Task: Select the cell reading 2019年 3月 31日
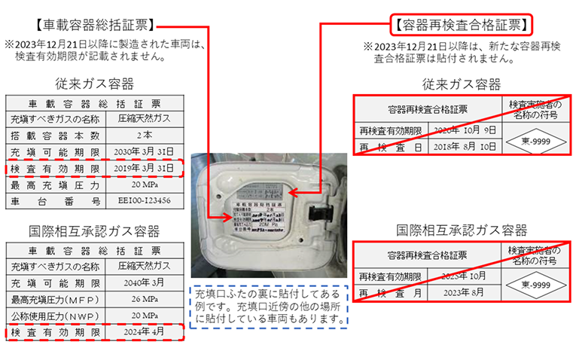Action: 145,167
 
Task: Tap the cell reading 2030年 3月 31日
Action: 145,151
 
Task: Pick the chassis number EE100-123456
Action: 145,201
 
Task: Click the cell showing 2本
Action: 145,134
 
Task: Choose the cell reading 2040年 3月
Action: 145,282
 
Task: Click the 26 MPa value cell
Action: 145,298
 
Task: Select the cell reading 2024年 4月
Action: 145,331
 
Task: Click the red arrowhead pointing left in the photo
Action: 295,192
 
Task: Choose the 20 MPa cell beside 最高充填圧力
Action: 145,185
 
